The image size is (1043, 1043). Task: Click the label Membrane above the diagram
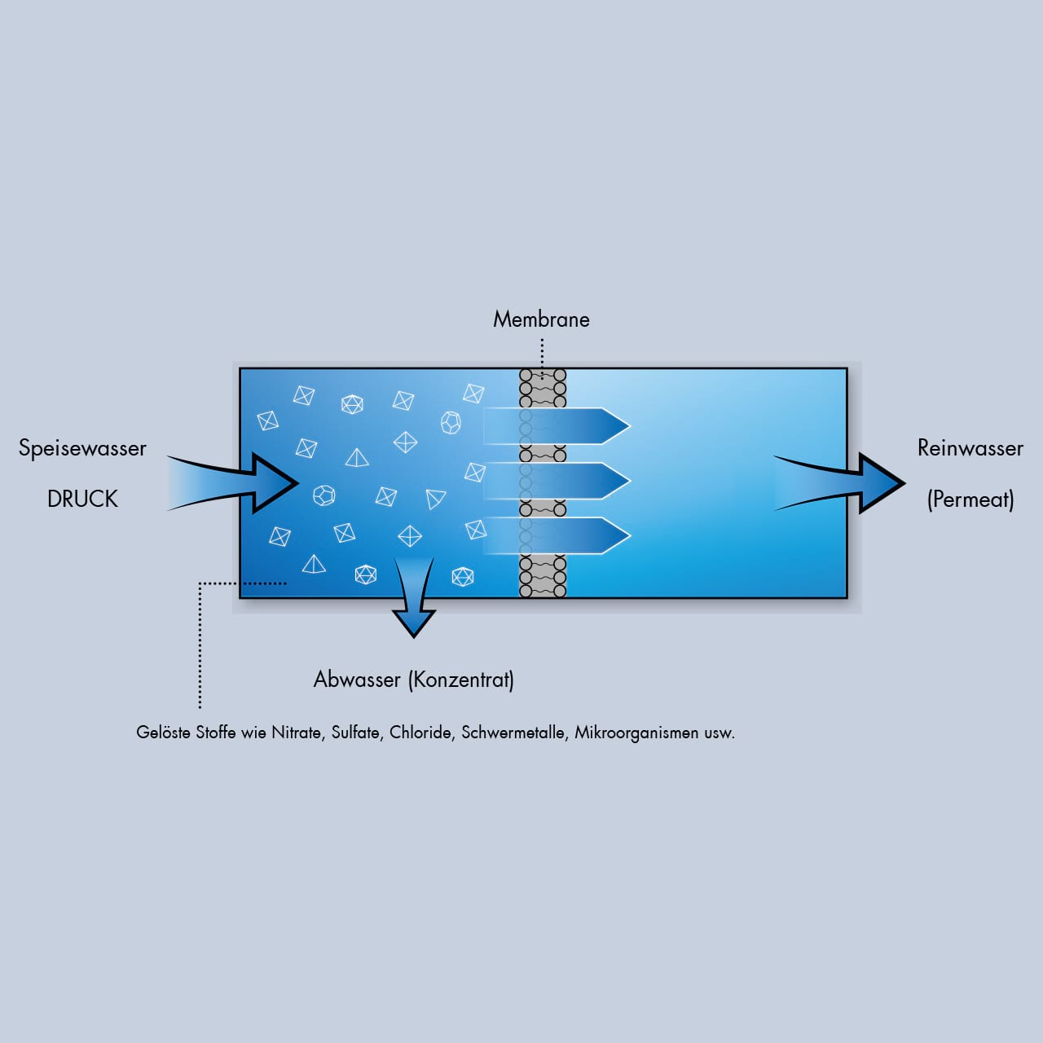(x=541, y=319)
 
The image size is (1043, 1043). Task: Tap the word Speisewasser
(x=82, y=448)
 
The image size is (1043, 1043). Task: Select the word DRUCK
(x=82, y=499)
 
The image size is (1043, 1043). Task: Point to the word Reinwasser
(x=970, y=448)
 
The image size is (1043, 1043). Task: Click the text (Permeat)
(x=970, y=499)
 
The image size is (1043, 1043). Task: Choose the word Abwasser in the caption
(x=357, y=680)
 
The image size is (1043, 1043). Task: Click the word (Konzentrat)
(x=460, y=680)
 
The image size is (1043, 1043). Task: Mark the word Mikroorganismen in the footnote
(x=636, y=733)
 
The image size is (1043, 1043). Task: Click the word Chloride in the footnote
(x=421, y=733)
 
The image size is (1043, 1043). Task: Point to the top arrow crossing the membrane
(x=570, y=426)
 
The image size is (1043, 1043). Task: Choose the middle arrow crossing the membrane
(x=570, y=481)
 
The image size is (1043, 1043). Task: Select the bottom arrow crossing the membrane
(x=570, y=535)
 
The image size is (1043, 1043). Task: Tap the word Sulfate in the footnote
(x=356, y=733)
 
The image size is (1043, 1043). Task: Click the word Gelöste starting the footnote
(x=163, y=733)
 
